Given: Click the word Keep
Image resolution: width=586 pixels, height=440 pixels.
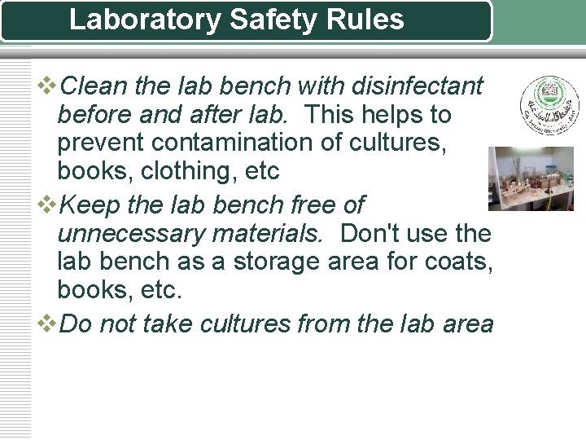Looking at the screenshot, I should tap(90, 205).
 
